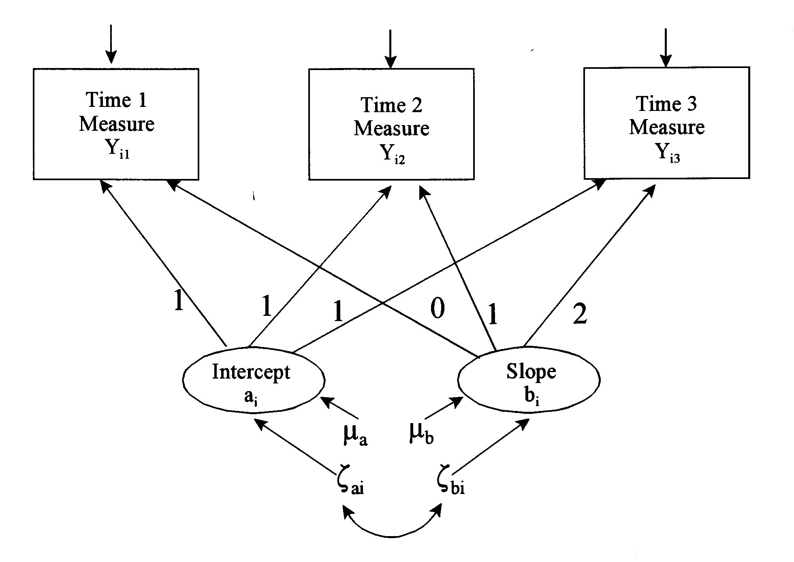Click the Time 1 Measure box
[x=116, y=124]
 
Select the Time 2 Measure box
[x=391, y=124]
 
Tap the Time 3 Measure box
[x=666, y=123]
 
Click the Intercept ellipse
[x=254, y=379]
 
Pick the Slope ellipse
[x=529, y=379]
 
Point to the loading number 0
[x=437, y=309]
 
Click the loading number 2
[x=580, y=314]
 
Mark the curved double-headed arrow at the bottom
[x=392, y=530]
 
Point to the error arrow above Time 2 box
[x=390, y=49]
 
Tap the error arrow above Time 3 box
[x=666, y=47]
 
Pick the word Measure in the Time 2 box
[x=391, y=128]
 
